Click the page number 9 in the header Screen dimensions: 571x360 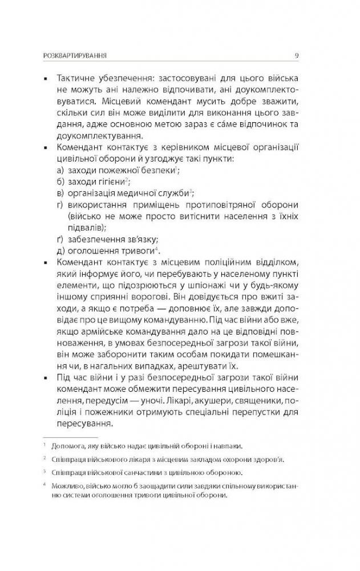pyautogui.click(x=298, y=55)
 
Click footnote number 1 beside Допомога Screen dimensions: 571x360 pyautogui.click(x=44, y=444)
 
